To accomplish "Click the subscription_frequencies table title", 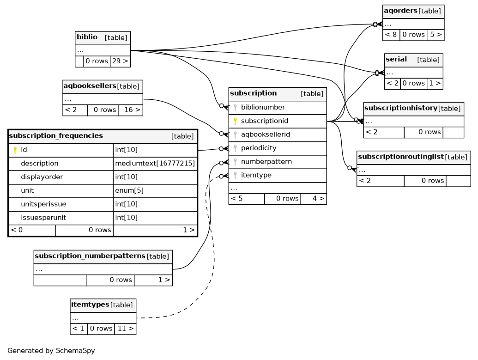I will (x=56, y=136).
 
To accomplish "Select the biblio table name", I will (x=87, y=37).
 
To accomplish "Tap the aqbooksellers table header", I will (x=90, y=86).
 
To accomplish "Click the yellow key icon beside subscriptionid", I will (x=235, y=121).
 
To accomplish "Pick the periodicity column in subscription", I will (x=259, y=148).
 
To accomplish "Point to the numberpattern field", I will (x=266, y=162).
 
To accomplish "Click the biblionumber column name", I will (x=263, y=107).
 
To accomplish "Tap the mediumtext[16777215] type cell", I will (x=155, y=164).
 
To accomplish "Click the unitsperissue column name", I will (x=43, y=204).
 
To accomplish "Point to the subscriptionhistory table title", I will (x=400, y=109).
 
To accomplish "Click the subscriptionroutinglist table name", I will (x=400, y=157).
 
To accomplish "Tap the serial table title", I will (x=396, y=60).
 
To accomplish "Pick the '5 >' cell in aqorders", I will (x=436, y=35).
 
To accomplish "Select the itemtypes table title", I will (x=90, y=305).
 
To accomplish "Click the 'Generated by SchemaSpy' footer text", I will (x=51, y=351).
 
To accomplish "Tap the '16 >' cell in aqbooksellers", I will (x=130, y=110).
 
